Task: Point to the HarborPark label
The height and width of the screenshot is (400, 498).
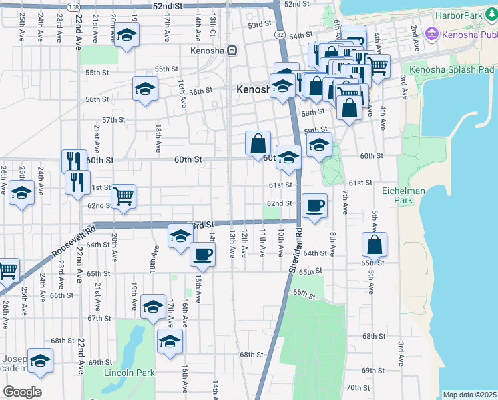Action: (x=457, y=15)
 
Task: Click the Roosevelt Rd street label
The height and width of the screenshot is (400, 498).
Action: (x=72, y=241)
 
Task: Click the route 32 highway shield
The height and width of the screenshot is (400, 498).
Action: (x=280, y=34)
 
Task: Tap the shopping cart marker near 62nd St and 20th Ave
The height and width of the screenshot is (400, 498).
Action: (x=123, y=196)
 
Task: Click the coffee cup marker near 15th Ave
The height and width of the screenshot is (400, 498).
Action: (x=202, y=253)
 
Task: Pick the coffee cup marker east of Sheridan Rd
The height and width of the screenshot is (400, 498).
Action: (x=314, y=205)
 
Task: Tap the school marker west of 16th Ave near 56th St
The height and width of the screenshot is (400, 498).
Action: (x=145, y=88)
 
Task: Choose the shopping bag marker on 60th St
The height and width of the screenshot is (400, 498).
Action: (x=258, y=143)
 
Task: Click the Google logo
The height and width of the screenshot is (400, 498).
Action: (x=22, y=391)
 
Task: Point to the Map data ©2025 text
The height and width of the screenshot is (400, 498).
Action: (x=469, y=395)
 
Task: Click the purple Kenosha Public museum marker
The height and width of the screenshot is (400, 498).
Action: (x=431, y=33)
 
